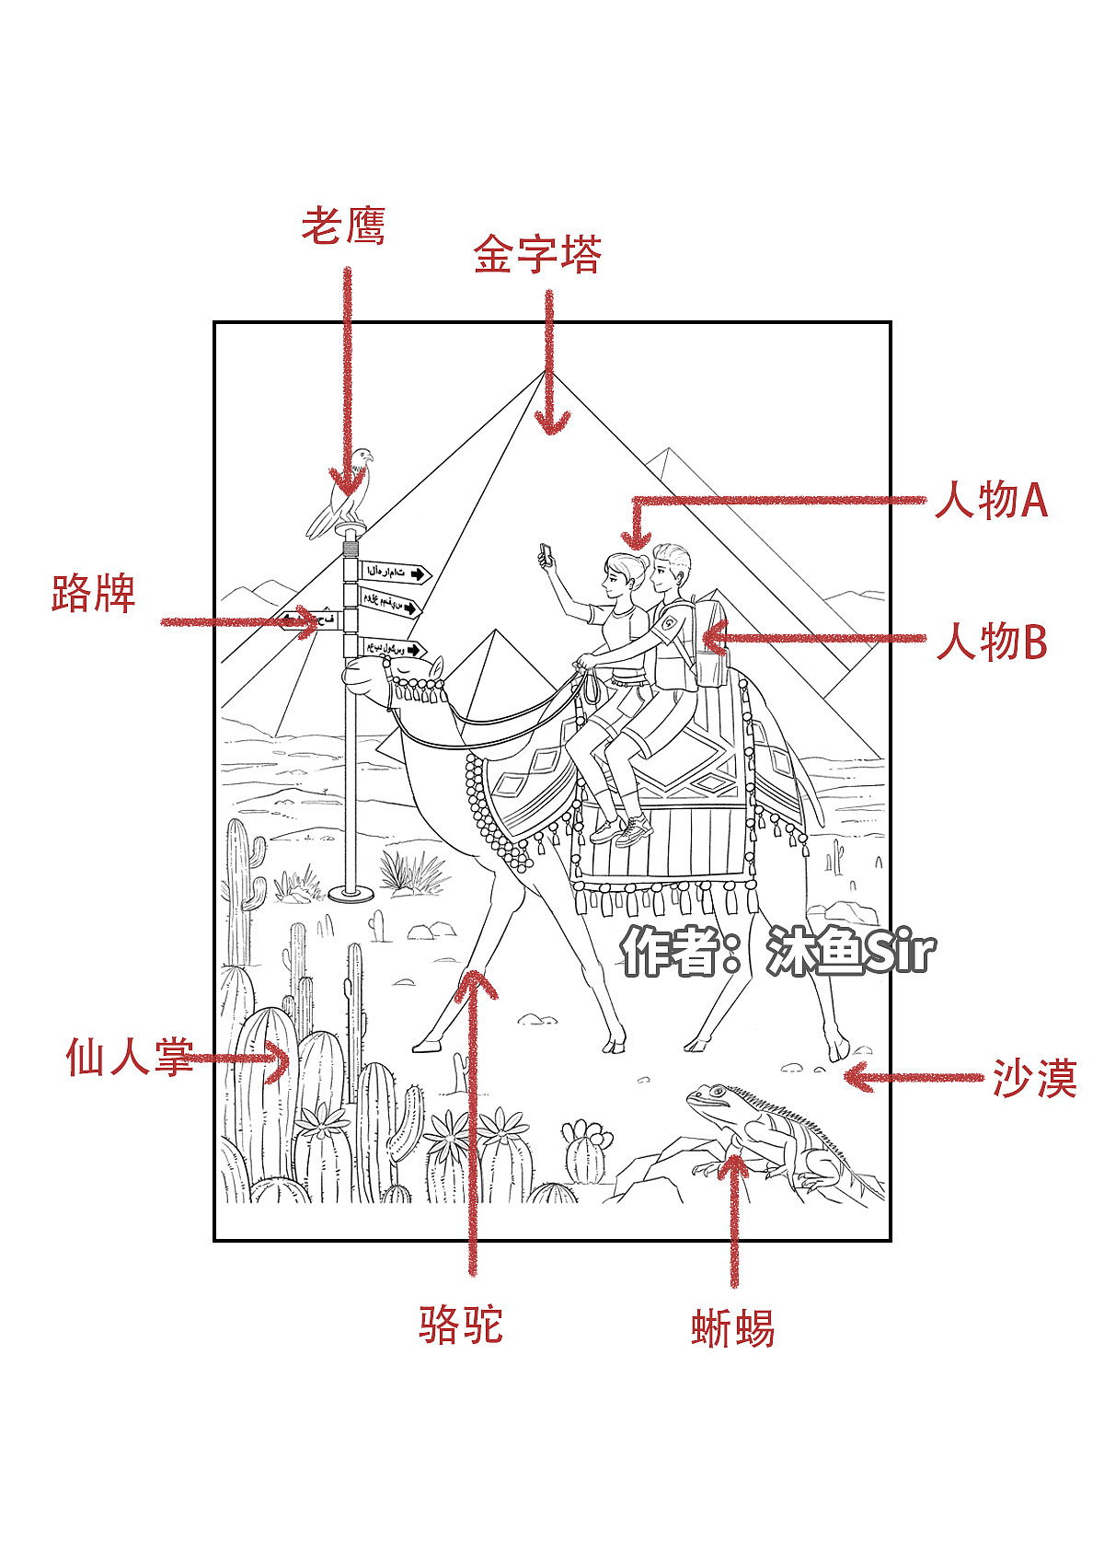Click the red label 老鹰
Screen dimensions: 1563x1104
343,226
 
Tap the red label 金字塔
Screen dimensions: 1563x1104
537,255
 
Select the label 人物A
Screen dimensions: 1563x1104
991,501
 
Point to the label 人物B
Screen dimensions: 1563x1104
991,642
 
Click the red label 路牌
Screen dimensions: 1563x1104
93,594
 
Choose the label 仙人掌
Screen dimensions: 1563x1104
129,1057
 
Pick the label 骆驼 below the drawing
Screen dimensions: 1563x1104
461,1326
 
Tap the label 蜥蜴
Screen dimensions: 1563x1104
732,1329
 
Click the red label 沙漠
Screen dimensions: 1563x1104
1034,1079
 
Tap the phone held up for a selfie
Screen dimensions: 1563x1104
546,555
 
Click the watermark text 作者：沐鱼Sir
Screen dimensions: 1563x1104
777,952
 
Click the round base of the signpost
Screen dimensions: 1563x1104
351,892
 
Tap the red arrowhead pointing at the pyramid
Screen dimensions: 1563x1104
551,423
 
